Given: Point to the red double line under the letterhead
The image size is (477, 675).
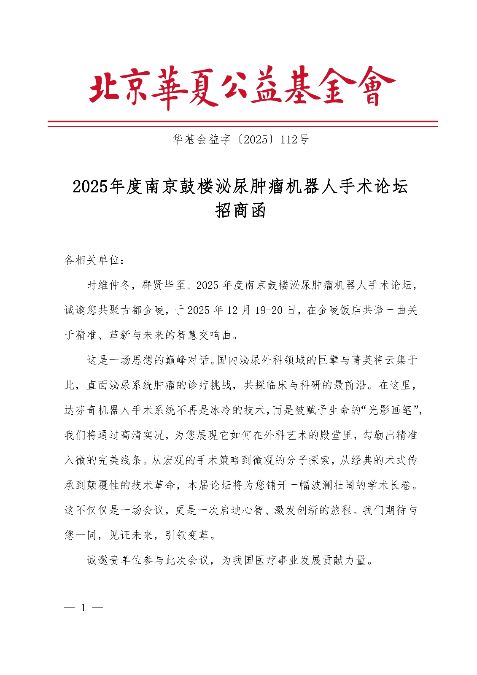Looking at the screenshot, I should click(243, 123).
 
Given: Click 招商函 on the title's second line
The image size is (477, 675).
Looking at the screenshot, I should click(240, 210).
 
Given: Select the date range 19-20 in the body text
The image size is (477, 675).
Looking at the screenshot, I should click(269, 310).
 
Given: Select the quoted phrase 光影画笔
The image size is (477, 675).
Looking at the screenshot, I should click(390, 410).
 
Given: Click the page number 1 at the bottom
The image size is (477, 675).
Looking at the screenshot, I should click(84, 608).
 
